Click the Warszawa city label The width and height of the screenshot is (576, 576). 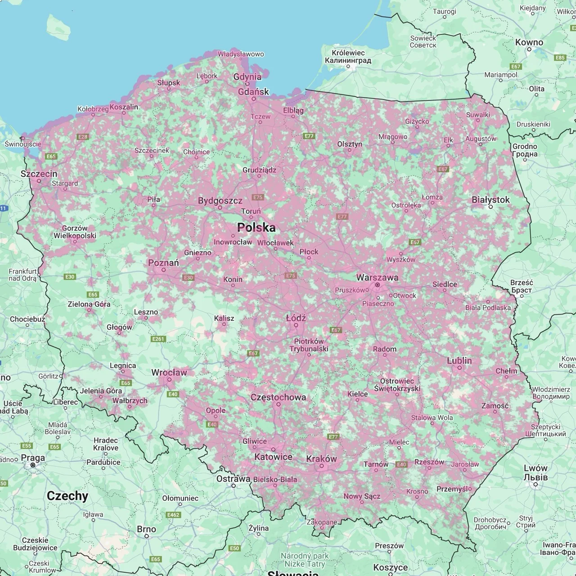377,277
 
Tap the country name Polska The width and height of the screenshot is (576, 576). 256,228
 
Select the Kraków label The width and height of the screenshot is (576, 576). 321,459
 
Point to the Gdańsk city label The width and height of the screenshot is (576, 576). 253,91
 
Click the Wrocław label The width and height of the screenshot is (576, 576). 169,372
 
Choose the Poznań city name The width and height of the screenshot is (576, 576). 163,262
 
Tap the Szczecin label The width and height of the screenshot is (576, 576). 39,174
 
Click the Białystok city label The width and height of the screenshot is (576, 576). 490,199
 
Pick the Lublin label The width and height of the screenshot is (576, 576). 459,360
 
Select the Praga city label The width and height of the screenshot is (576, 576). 33,458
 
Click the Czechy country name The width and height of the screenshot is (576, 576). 67,496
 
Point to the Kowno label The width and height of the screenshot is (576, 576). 529,42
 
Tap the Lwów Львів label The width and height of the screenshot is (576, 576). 535,472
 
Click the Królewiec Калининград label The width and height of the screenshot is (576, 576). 348,57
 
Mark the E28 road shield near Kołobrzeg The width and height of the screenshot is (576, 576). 83,137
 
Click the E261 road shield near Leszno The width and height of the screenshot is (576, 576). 158,339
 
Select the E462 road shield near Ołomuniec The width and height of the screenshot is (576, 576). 173,515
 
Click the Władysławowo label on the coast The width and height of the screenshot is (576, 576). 241,54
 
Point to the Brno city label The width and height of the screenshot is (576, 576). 146,529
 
